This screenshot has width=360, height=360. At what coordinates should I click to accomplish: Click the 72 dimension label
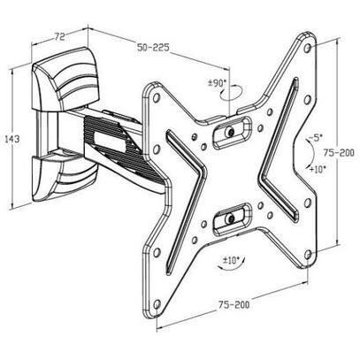click(59, 37)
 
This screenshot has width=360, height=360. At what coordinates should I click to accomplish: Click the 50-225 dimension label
click(153, 47)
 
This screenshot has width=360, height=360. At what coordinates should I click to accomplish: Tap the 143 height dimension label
click(12, 139)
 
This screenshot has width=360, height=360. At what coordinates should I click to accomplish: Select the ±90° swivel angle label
click(218, 83)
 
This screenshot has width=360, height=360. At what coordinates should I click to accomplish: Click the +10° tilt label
click(318, 169)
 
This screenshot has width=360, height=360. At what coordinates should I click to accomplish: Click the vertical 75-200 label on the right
click(339, 153)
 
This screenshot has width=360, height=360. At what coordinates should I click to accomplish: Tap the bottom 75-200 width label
click(234, 304)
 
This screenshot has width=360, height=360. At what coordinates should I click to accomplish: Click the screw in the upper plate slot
click(229, 132)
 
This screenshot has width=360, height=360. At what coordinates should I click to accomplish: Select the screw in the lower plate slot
click(229, 218)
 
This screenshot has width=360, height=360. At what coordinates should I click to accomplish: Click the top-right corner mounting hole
click(308, 48)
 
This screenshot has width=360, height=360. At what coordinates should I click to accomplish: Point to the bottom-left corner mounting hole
click(157, 303)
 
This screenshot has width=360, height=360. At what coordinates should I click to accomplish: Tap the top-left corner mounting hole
click(157, 96)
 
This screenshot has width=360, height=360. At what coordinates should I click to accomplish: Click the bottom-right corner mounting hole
click(308, 254)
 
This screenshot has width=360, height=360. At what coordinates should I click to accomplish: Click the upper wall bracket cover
click(65, 79)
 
